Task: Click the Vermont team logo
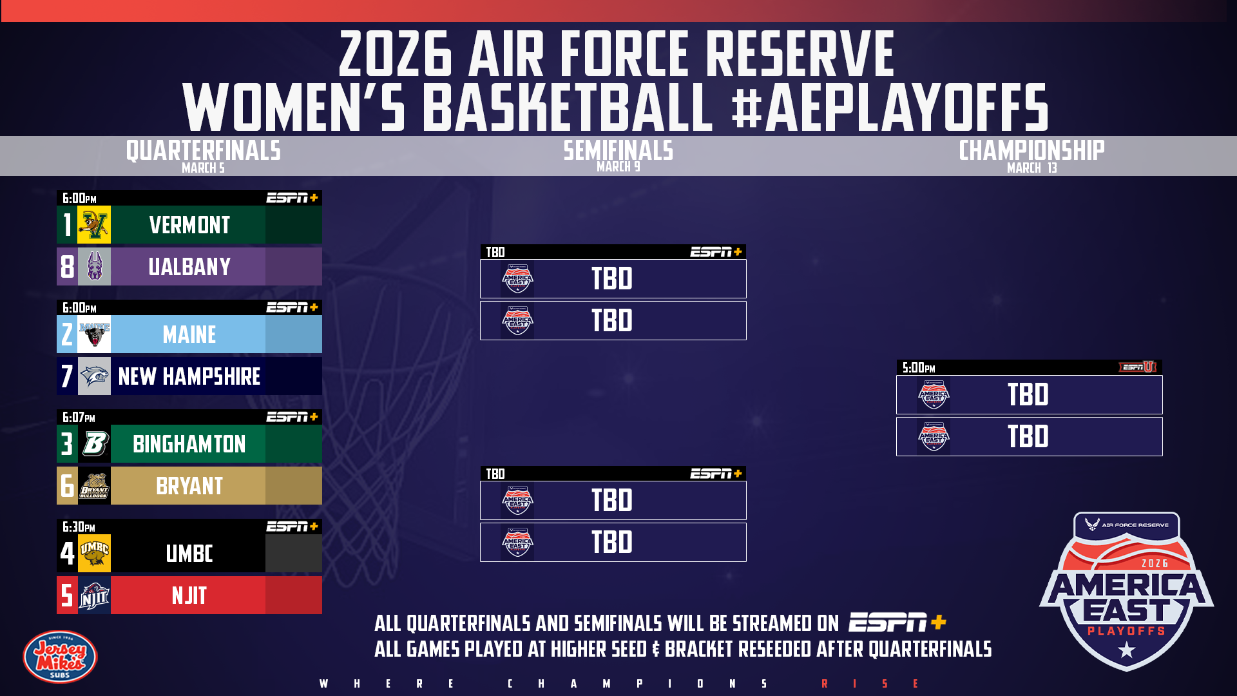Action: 94,225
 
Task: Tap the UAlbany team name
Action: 189,267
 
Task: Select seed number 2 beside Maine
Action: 67,334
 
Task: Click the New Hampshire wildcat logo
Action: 94,376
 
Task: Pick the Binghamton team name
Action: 189,444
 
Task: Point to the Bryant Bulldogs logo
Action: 94,486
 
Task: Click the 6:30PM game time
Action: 79,527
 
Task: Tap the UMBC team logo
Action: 94,554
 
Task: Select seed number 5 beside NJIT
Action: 67,595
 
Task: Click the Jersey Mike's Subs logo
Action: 60,657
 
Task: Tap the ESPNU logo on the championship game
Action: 1138,367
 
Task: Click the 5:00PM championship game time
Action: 919,368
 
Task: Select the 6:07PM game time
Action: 79,418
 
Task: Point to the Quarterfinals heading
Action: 204,151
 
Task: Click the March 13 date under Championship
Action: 1032,168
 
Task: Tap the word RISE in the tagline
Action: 870,684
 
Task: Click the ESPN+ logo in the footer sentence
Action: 897,623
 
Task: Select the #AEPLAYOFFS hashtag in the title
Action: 890,107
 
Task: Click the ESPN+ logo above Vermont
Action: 292,198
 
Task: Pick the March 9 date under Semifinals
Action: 618,167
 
